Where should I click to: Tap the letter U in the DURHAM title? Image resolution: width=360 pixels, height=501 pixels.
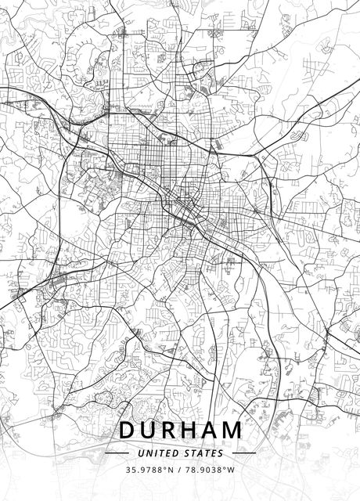149,431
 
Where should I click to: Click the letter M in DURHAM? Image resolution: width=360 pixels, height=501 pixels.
232,431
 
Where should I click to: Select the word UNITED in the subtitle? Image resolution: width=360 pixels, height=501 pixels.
157,452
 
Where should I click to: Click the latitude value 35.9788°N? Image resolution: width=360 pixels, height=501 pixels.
149,470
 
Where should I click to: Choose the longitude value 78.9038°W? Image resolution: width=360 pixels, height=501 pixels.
210,470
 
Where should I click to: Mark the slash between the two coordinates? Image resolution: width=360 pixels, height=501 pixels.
179,470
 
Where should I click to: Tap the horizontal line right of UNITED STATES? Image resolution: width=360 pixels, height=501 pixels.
244,452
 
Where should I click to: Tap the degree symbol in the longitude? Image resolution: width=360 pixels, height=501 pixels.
225,467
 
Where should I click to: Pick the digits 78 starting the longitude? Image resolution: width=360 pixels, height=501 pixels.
189,470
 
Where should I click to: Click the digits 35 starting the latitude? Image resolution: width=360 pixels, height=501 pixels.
130,470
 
